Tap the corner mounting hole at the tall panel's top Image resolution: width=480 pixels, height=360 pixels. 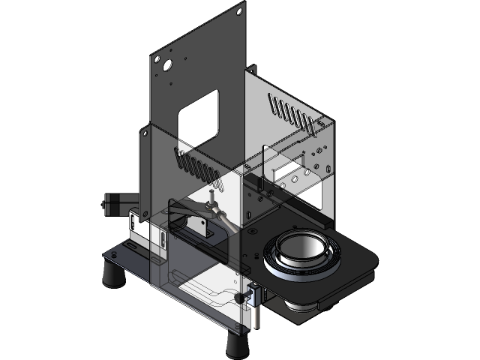239,11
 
